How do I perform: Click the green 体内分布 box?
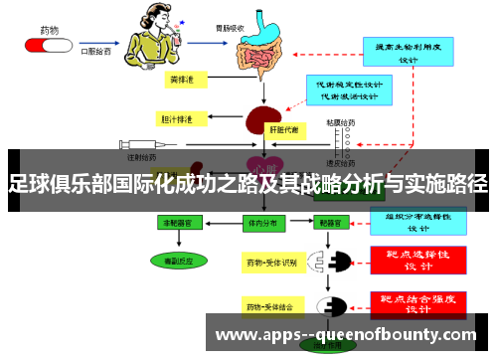[262, 225]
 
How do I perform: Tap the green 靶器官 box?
[326, 225]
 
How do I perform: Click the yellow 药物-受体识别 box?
[270, 264]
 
